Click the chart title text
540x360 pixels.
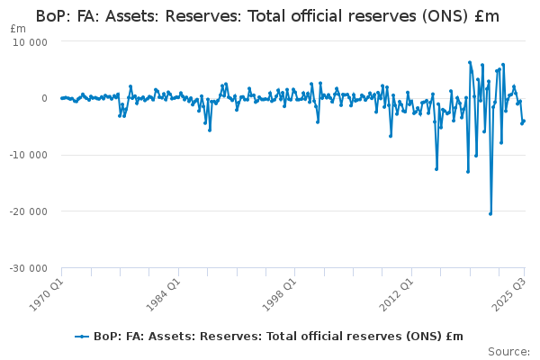[267, 16]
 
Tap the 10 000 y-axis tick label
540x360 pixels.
[30, 42]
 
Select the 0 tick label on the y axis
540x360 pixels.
[44, 98]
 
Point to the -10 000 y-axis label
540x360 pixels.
[28, 155]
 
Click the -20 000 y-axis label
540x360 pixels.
[28, 211]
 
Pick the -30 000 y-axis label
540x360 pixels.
[28, 268]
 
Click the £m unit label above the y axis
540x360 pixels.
[18, 29]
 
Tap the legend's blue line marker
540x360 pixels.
[82, 337]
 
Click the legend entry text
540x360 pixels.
[278, 337]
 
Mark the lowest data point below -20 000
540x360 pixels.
[490, 214]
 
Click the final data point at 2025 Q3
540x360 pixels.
[524, 121]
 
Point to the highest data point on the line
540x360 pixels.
[470, 62]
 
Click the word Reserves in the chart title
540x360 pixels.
[203, 16]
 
